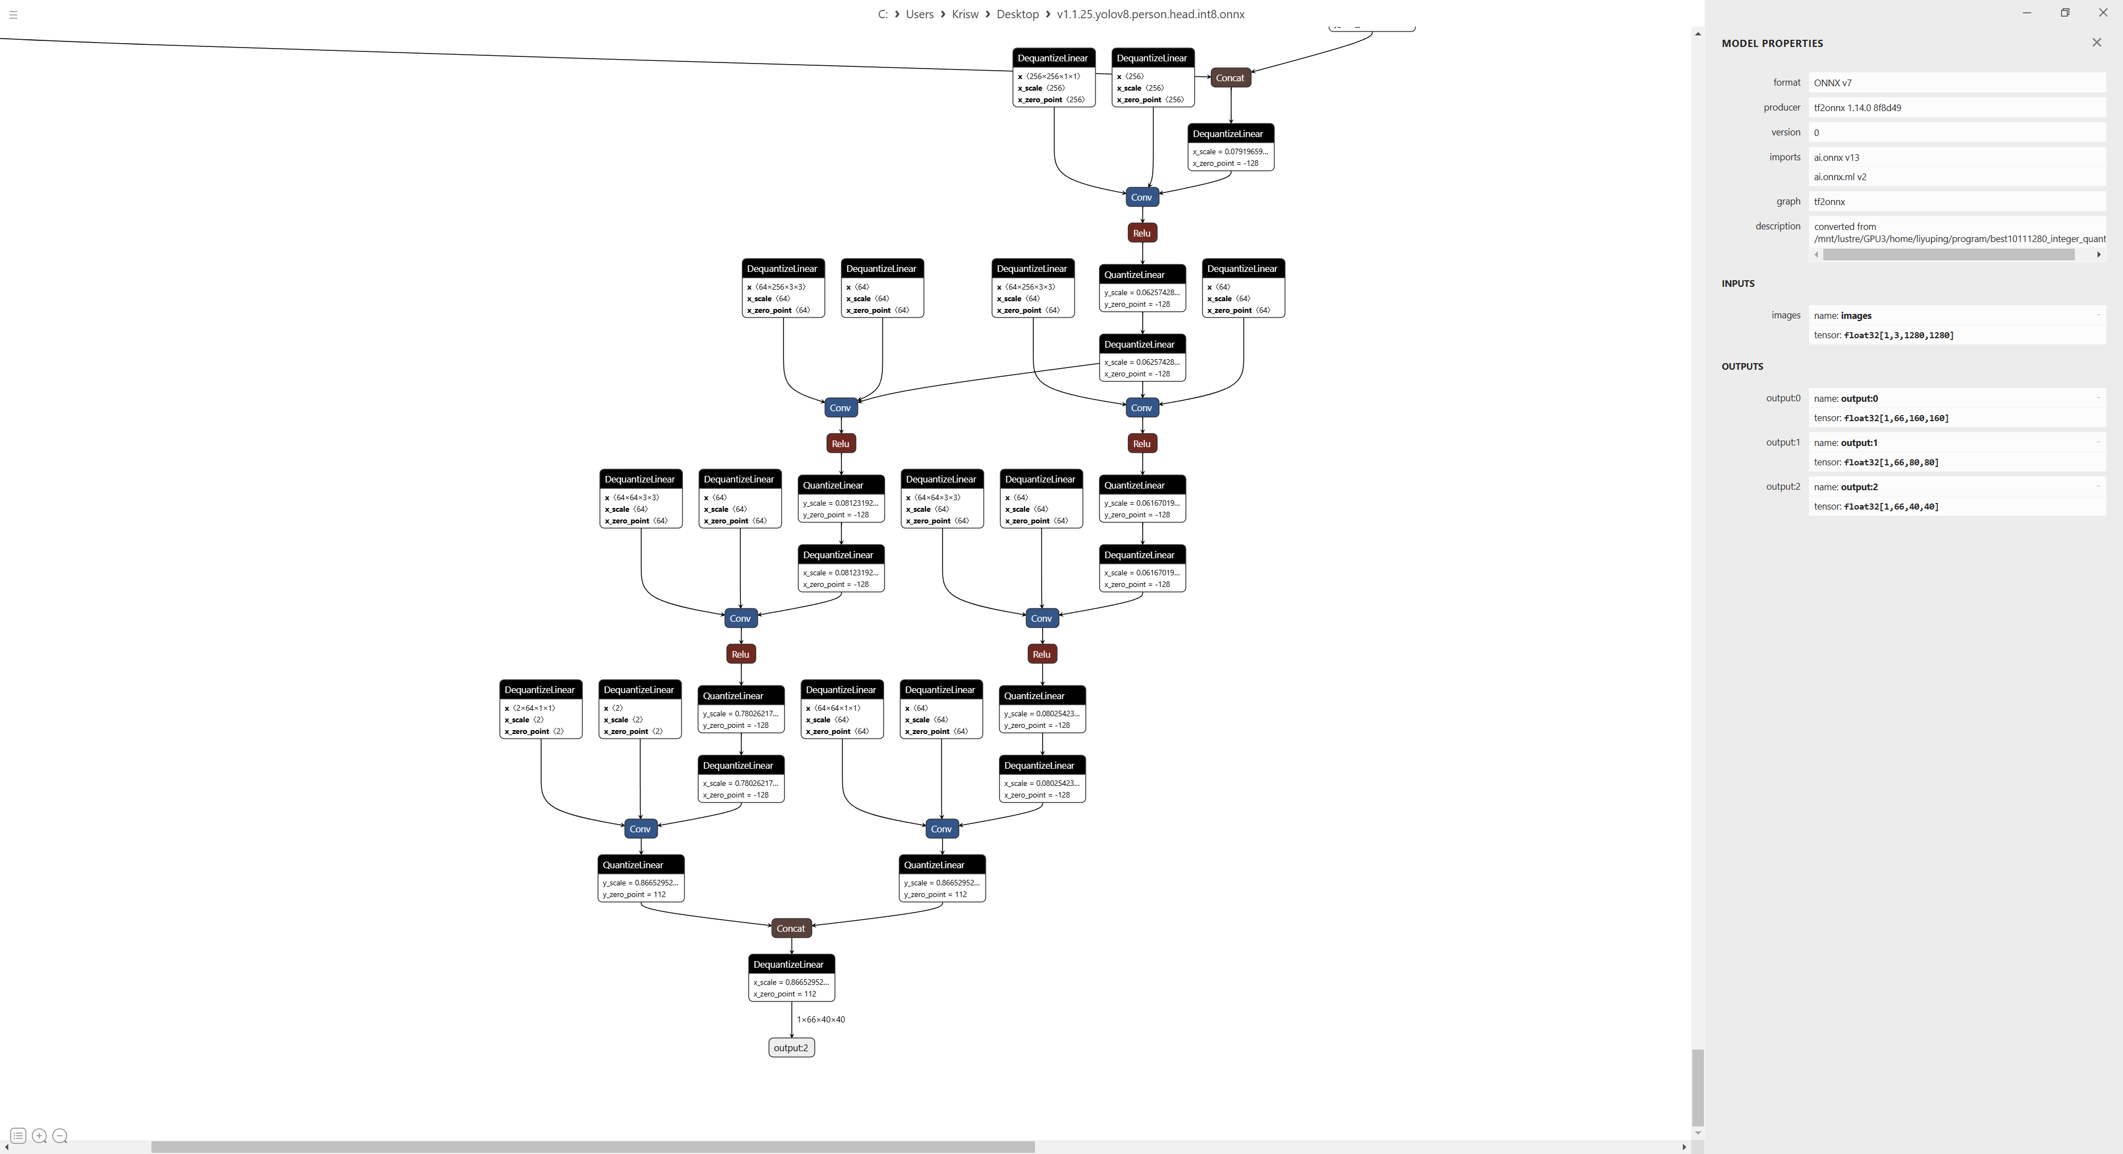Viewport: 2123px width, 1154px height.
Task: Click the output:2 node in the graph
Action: coord(791,1048)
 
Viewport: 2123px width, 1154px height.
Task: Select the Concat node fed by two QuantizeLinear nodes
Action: coord(791,929)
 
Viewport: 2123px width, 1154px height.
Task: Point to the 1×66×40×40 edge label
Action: coord(820,1020)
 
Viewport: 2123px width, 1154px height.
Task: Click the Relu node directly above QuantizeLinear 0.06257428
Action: coord(1142,233)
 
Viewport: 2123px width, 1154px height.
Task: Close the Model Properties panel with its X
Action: coord(2096,43)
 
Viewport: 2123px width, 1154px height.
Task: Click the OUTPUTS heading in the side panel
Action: coord(1742,366)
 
